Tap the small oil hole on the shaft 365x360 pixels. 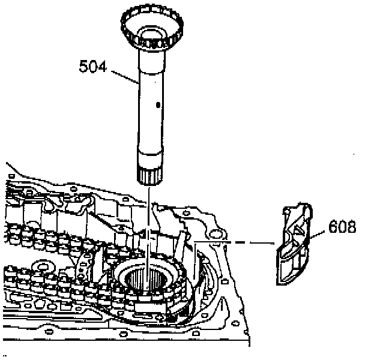pos(157,105)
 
